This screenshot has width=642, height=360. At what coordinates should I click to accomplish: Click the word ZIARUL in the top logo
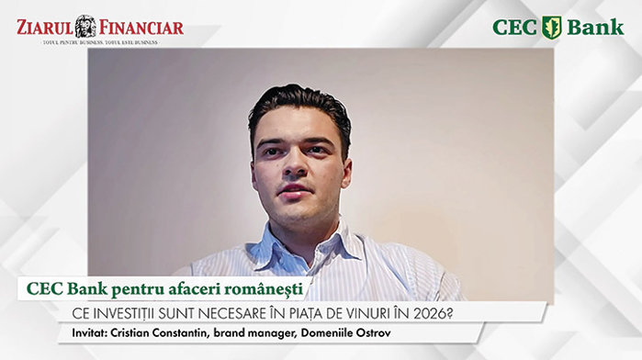point(44,27)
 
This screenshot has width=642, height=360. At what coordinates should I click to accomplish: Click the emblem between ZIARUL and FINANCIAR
point(85,27)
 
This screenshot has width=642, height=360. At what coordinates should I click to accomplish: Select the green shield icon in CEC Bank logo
point(551,27)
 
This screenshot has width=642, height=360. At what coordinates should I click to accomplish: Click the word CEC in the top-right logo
point(514,28)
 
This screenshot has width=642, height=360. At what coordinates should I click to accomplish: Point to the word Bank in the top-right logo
point(594,28)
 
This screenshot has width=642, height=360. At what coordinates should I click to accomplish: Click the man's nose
point(296,168)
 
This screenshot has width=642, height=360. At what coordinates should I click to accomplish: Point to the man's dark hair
point(298,103)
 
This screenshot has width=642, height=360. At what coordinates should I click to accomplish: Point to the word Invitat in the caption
point(88,332)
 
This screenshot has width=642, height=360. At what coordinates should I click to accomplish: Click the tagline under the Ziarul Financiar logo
point(99,42)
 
